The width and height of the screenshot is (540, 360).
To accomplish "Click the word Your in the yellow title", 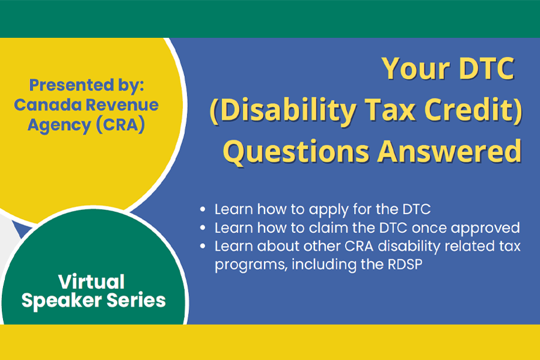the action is tap(416, 68).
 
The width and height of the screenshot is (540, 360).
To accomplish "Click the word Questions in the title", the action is tap(296, 152).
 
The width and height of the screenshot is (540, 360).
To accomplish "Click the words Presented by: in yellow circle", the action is tap(86, 85).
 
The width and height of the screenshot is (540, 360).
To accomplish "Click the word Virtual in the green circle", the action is tap(91, 282).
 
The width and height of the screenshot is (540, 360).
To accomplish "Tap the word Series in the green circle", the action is tap(136, 300).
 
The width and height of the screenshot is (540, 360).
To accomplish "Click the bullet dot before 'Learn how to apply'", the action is tap(203, 209).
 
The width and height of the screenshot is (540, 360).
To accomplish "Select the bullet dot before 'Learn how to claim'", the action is tap(203, 228).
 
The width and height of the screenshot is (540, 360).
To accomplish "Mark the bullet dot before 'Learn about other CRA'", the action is tap(203, 246).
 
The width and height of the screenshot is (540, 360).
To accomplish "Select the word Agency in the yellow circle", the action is tap(59, 125).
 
